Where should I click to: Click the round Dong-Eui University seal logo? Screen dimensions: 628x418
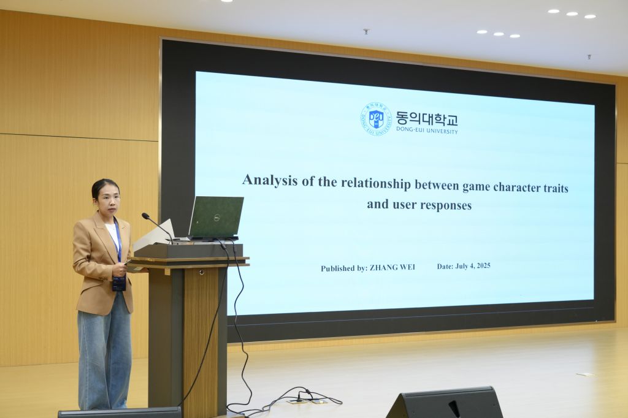pos(376,118)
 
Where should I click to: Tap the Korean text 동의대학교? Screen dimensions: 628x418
pos(427,118)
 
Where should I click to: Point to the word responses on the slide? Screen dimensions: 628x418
pos(446,205)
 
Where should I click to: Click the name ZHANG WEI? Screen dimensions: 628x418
pos(392,267)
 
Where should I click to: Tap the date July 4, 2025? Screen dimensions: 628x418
pos(473,266)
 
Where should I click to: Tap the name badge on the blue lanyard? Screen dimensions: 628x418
pos(119,284)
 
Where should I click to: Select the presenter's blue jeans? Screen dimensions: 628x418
pos(104,353)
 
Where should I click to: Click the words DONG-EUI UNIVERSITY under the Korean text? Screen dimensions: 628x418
pos(427,130)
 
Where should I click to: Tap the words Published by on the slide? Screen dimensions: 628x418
pos(343,268)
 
